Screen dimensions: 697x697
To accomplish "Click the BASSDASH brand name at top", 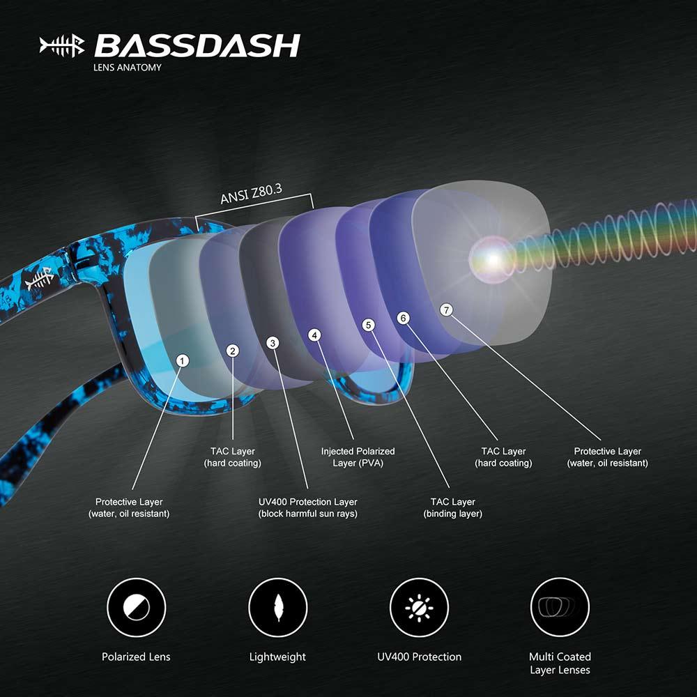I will pyautogui.click(x=197, y=45).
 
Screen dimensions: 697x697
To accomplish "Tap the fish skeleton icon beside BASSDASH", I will pyautogui.click(x=62, y=46).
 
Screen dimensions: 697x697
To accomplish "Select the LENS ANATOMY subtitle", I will pyautogui.click(x=127, y=68).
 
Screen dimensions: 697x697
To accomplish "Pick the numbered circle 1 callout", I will pyautogui.click(x=183, y=360).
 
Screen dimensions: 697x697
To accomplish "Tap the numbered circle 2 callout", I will pyautogui.click(x=233, y=351).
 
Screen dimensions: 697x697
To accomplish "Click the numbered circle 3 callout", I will pyautogui.click(x=273, y=343).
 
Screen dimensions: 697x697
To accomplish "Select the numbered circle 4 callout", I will pyautogui.click(x=315, y=335).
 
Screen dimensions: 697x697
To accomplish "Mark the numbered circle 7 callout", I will pyautogui.click(x=446, y=309).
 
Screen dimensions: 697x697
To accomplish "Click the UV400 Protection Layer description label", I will pyautogui.click(x=307, y=507).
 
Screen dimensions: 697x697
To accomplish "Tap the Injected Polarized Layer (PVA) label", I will pyautogui.click(x=358, y=457).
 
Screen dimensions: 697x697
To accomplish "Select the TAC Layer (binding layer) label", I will pyautogui.click(x=453, y=507).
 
